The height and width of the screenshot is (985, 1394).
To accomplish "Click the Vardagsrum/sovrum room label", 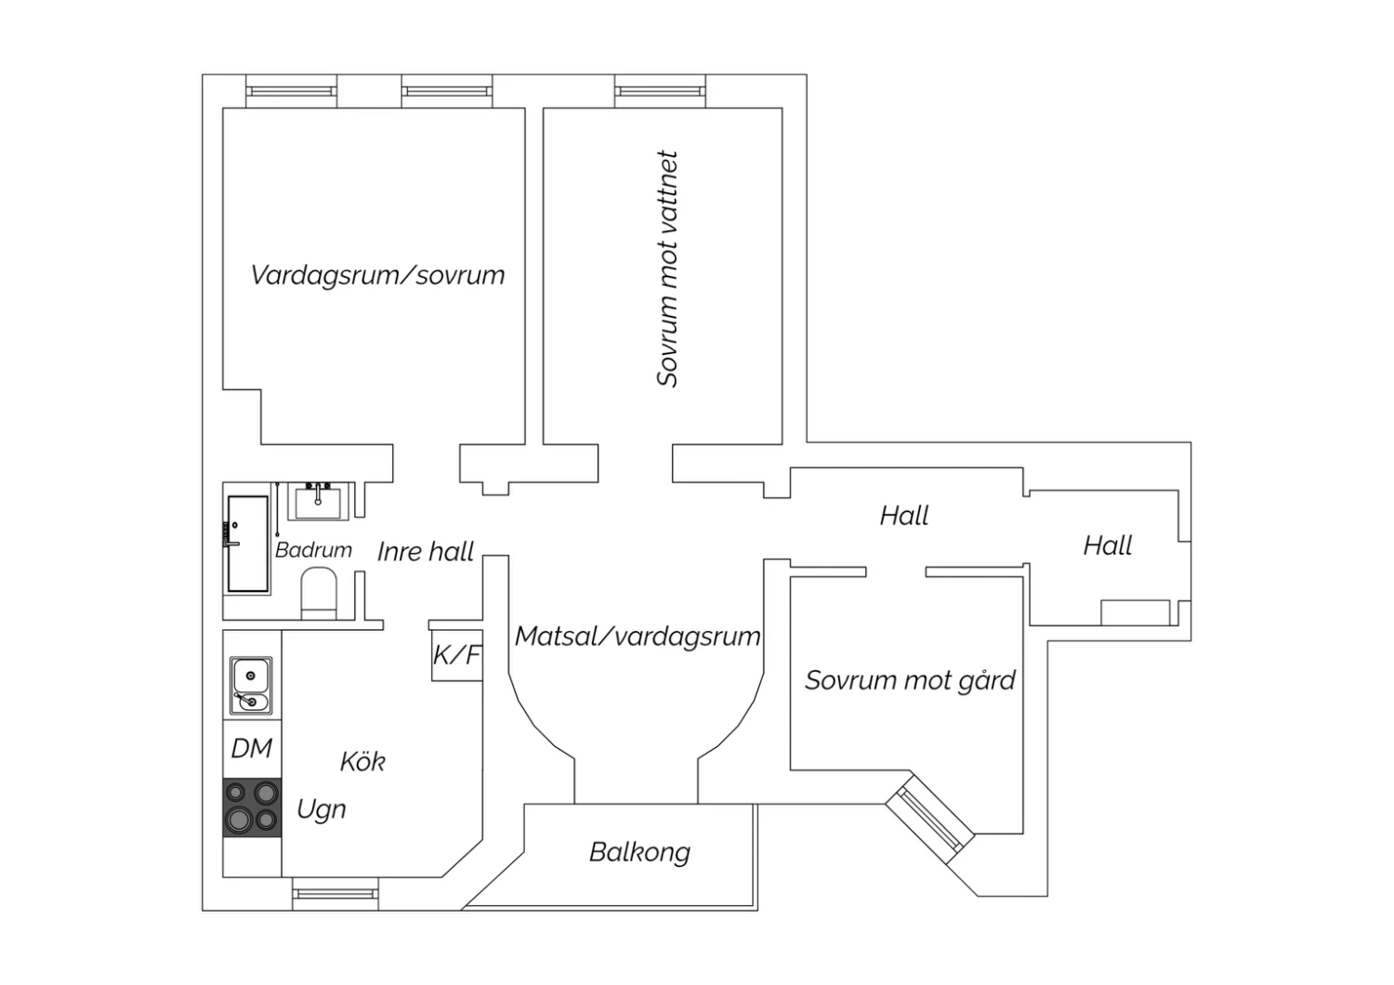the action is [x=377, y=275].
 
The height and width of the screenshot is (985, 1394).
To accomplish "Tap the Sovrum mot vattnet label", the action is [x=667, y=269].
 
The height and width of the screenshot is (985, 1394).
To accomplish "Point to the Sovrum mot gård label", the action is [x=910, y=681].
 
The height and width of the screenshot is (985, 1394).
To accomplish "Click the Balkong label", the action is [x=639, y=852].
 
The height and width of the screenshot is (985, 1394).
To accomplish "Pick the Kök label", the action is [x=362, y=762].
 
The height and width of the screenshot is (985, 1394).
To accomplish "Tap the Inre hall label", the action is [x=426, y=552].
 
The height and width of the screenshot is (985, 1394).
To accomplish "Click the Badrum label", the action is [x=314, y=550].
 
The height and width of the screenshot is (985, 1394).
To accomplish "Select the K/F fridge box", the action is [x=457, y=655].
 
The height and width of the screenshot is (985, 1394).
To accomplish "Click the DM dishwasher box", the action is [x=252, y=749].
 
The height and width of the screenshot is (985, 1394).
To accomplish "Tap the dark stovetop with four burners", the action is [x=252, y=808].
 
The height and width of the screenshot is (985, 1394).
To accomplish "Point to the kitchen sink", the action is [x=252, y=685].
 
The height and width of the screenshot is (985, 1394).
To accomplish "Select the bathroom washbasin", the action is [x=318, y=502].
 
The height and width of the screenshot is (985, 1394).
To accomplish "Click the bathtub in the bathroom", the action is [x=248, y=544].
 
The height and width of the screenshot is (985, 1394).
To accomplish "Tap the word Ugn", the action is [x=322, y=809].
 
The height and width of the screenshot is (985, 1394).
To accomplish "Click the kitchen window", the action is [x=335, y=894].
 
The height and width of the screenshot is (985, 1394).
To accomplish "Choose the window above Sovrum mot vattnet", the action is [x=660, y=91].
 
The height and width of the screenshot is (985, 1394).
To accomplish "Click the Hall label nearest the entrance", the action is [x=1108, y=545].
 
